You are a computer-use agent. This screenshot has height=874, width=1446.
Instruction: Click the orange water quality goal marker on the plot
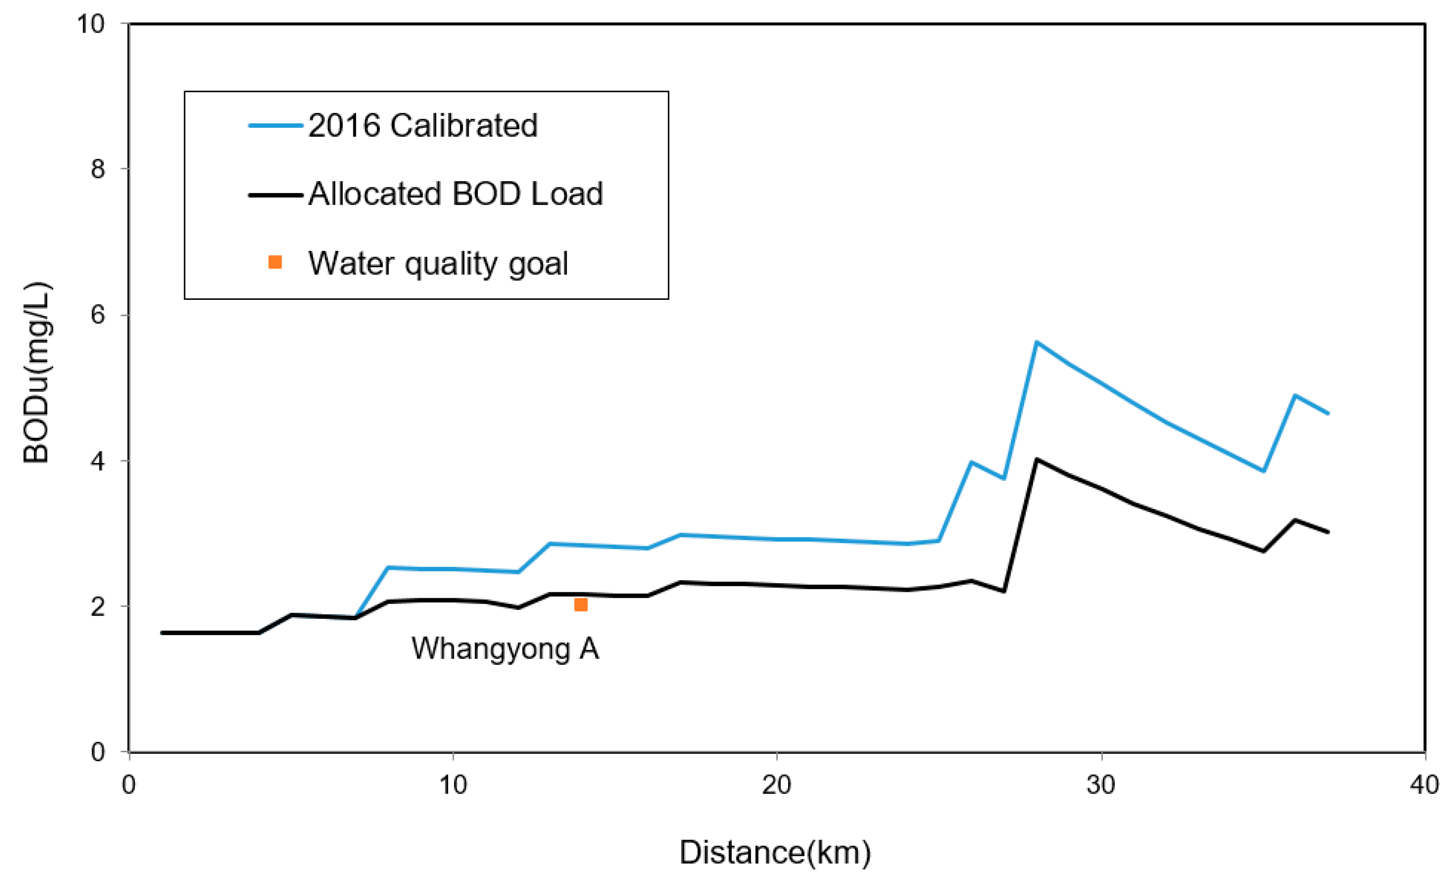click(x=580, y=604)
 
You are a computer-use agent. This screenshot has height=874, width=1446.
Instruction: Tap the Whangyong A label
click(x=504, y=649)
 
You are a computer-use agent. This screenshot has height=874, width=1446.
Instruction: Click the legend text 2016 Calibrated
click(x=423, y=126)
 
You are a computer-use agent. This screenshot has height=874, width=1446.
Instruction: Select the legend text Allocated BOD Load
click(x=455, y=194)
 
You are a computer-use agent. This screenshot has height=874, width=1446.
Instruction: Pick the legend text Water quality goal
click(x=438, y=263)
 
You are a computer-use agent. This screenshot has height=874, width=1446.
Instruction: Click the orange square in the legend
click(x=275, y=262)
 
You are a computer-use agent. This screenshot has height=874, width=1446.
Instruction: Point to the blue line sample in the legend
click(x=275, y=126)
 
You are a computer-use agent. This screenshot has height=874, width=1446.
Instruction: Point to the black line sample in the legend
click(x=275, y=194)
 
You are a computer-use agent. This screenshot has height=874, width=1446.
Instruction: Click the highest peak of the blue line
click(x=1036, y=342)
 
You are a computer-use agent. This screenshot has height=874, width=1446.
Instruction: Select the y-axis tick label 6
click(x=98, y=315)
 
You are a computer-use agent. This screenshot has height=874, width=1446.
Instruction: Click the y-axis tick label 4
click(x=98, y=461)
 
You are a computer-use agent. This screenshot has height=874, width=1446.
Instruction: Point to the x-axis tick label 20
click(x=776, y=785)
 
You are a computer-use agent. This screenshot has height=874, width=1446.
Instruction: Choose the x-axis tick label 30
click(x=1101, y=785)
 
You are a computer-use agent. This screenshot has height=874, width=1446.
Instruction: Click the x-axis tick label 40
click(x=1424, y=785)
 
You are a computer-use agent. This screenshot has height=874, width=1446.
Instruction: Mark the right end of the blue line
click(x=1328, y=413)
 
